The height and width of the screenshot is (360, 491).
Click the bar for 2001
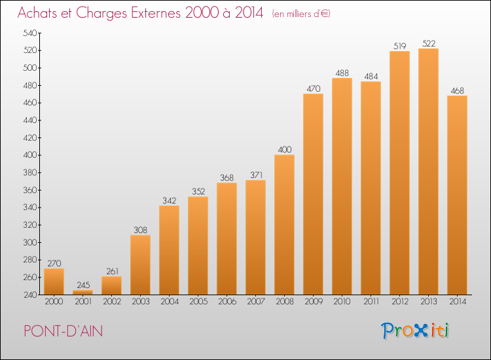tap(82, 293)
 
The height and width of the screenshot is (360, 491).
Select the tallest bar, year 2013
tap(428, 171)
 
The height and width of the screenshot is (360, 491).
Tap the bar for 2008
tap(284, 225)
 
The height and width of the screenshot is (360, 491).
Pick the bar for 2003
tap(140, 265)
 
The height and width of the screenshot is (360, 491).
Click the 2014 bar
tap(457, 195)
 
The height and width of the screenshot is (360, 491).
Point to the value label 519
tap(399, 46)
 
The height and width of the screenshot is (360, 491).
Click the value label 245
tap(83, 285)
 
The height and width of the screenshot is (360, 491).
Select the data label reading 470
tap(314, 88)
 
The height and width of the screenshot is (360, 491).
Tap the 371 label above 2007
tap(256, 175)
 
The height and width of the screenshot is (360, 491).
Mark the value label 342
tap(170, 201)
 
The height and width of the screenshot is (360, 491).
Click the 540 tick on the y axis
tap(29, 33)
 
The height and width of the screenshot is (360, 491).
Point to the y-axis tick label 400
tap(29, 155)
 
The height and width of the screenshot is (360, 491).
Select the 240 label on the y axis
tap(30, 295)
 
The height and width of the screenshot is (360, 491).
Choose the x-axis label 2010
tap(342, 302)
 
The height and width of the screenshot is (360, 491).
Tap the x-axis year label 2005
tap(198, 302)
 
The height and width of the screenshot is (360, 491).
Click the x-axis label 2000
tap(54, 302)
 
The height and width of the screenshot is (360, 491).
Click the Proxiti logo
tap(414, 331)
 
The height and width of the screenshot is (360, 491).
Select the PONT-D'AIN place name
tap(64, 331)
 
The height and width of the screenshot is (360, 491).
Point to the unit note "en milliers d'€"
tap(301, 14)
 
